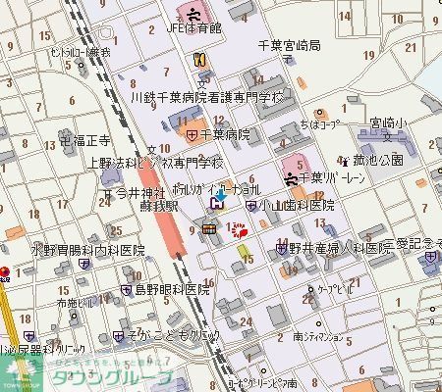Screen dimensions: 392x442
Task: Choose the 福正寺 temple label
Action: click(81, 141)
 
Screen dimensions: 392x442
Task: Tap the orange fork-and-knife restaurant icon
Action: click(198, 60)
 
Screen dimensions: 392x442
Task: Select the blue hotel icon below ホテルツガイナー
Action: click(216, 204)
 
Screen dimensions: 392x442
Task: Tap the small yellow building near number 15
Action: click(243, 253)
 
